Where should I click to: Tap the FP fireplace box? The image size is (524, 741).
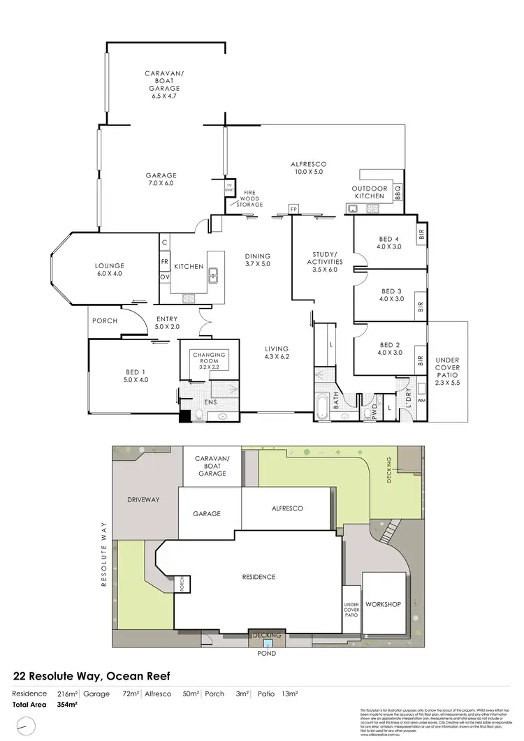[293, 209]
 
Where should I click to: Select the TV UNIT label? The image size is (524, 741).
[228, 188]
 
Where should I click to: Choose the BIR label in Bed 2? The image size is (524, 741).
[421, 360]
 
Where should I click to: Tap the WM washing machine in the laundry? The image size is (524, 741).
[421, 400]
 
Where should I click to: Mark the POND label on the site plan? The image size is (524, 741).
[267, 654]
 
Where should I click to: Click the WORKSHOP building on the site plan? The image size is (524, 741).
[384, 603]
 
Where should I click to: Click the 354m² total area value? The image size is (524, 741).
[66, 705]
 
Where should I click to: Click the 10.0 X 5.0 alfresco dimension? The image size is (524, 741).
[308, 171]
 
